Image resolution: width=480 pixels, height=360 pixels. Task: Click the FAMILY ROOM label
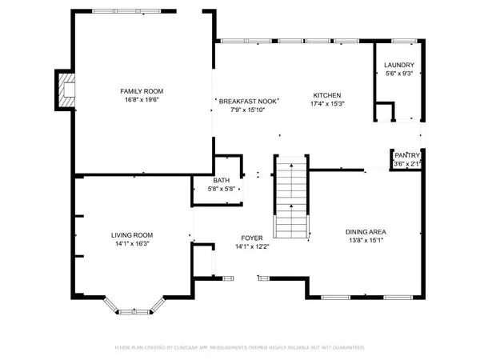(x=137, y=92)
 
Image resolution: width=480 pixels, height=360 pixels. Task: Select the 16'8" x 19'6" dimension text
(x=137, y=102)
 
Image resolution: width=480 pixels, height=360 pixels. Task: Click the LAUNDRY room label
(x=398, y=65)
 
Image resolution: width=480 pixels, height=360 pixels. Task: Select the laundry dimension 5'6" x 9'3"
(x=398, y=74)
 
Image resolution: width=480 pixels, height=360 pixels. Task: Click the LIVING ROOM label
(x=131, y=234)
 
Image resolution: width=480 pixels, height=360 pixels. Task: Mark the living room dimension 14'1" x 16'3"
(x=131, y=243)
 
